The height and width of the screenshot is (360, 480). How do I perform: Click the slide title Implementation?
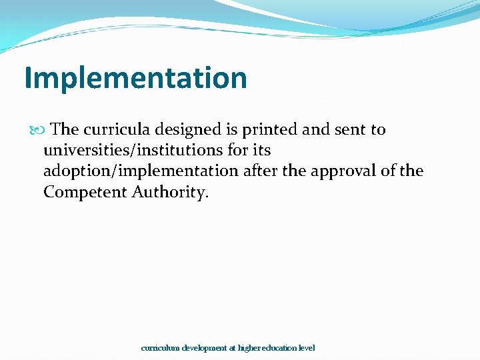click(x=135, y=78)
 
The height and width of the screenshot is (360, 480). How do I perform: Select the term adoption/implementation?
click(x=141, y=171)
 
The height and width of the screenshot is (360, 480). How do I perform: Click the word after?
click(x=260, y=171)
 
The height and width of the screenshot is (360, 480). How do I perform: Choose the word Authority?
click(x=170, y=193)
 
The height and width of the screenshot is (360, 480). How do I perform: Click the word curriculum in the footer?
click(x=161, y=348)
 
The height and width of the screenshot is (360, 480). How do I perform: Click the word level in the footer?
click(x=307, y=348)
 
